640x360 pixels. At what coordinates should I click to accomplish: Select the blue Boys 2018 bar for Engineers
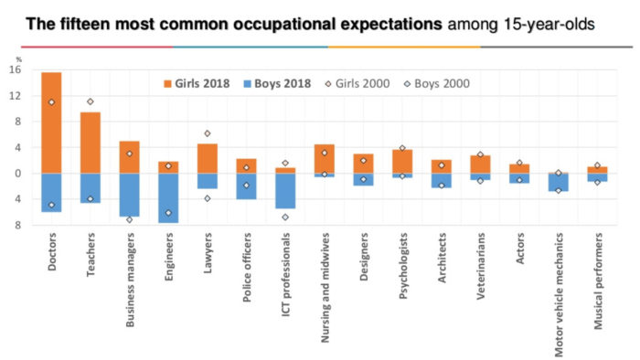click(x=168, y=197)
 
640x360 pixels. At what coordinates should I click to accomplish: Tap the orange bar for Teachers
click(x=91, y=143)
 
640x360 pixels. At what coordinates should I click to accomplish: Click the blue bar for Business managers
click(x=129, y=195)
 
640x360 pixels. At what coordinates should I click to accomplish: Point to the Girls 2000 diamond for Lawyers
click(x=208, y=134)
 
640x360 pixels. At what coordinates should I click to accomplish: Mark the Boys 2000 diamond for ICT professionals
click(x=285, y=217)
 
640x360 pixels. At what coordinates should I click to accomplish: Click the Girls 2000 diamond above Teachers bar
click(x=91, y=101)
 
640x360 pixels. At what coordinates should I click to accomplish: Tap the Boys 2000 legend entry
click(x=432, y=83)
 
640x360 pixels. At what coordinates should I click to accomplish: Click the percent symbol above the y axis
click(x=18, y=59)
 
